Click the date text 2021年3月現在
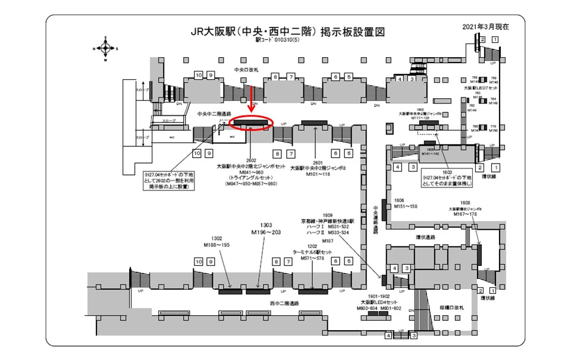tap(485, 27)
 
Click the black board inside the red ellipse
tap(250, 123)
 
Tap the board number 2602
tap(251, 161)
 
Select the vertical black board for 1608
tap(479, 253)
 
